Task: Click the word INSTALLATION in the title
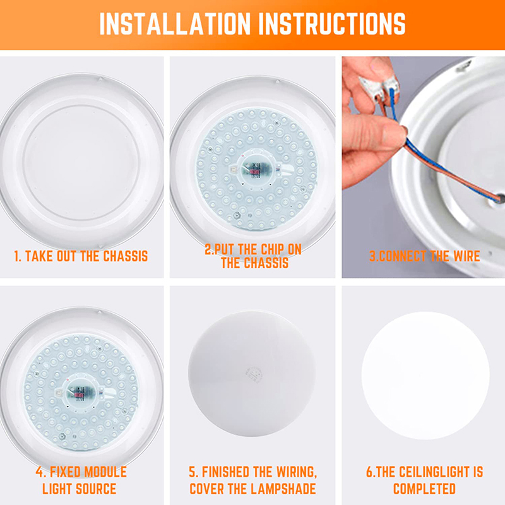[x=170, y=23]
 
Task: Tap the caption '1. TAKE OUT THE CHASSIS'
[x=81, y=256]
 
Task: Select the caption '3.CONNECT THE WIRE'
[x=424, y=256]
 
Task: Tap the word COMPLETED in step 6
[x=424, y=489]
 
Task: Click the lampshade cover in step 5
[x=252, y=372]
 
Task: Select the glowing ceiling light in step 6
[x=425, y=376]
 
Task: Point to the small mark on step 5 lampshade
[x=257, y=373]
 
